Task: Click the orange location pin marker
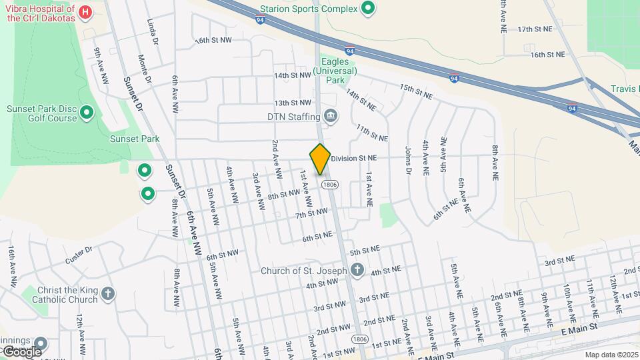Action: click(x=320, y=159)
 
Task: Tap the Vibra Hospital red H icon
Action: click(x=85, y=12)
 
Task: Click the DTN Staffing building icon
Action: click(x=330, y=117)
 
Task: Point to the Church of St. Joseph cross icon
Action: click(x=357, y=271)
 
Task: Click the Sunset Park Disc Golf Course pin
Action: click(x=86, y=113)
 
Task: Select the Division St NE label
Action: click(x=354, y=158)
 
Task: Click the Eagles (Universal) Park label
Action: click(x=336, y=70)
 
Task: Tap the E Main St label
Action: click(x=581, y=330)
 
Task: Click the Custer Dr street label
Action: click(x=79, y=254)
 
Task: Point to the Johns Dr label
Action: click(x=409, y=161)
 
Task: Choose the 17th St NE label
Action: click(x=535, y=29)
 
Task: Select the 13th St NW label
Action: click(x=293, y=103)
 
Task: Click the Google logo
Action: click(x=21, y=351)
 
